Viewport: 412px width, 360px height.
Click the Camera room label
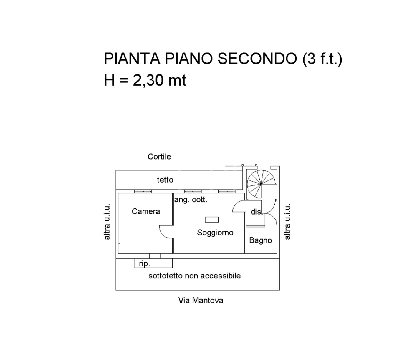[x=146, y=211]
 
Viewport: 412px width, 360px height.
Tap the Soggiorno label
[x=215, y=233]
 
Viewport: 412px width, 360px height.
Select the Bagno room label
[x=260, y=240]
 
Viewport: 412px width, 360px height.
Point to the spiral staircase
[x=261, y=184]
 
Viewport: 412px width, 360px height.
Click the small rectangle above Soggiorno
[x=212, y=219]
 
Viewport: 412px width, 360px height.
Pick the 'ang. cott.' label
[x=191, y=200]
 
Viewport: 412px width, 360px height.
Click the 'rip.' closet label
[x=144, y=264]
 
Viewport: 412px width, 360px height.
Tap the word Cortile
[x=159, y=157]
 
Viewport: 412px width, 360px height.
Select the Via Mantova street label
[x=201, y=300]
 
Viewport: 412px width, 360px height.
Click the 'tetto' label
[x=165, y=180]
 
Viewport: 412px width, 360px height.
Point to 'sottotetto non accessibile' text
[x=194, y=276]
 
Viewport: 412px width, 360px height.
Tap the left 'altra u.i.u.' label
[x=107, y=221]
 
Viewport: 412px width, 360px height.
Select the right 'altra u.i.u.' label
[x=287, y=221]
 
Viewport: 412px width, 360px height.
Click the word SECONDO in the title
[x=257, y=59]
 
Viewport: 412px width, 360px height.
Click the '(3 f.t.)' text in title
[x=322, y=59]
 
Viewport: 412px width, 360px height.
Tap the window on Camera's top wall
[x=143, y=191]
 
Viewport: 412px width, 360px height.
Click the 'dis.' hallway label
[x=256, y=212]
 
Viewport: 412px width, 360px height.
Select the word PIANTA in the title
[x=132, y=59]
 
